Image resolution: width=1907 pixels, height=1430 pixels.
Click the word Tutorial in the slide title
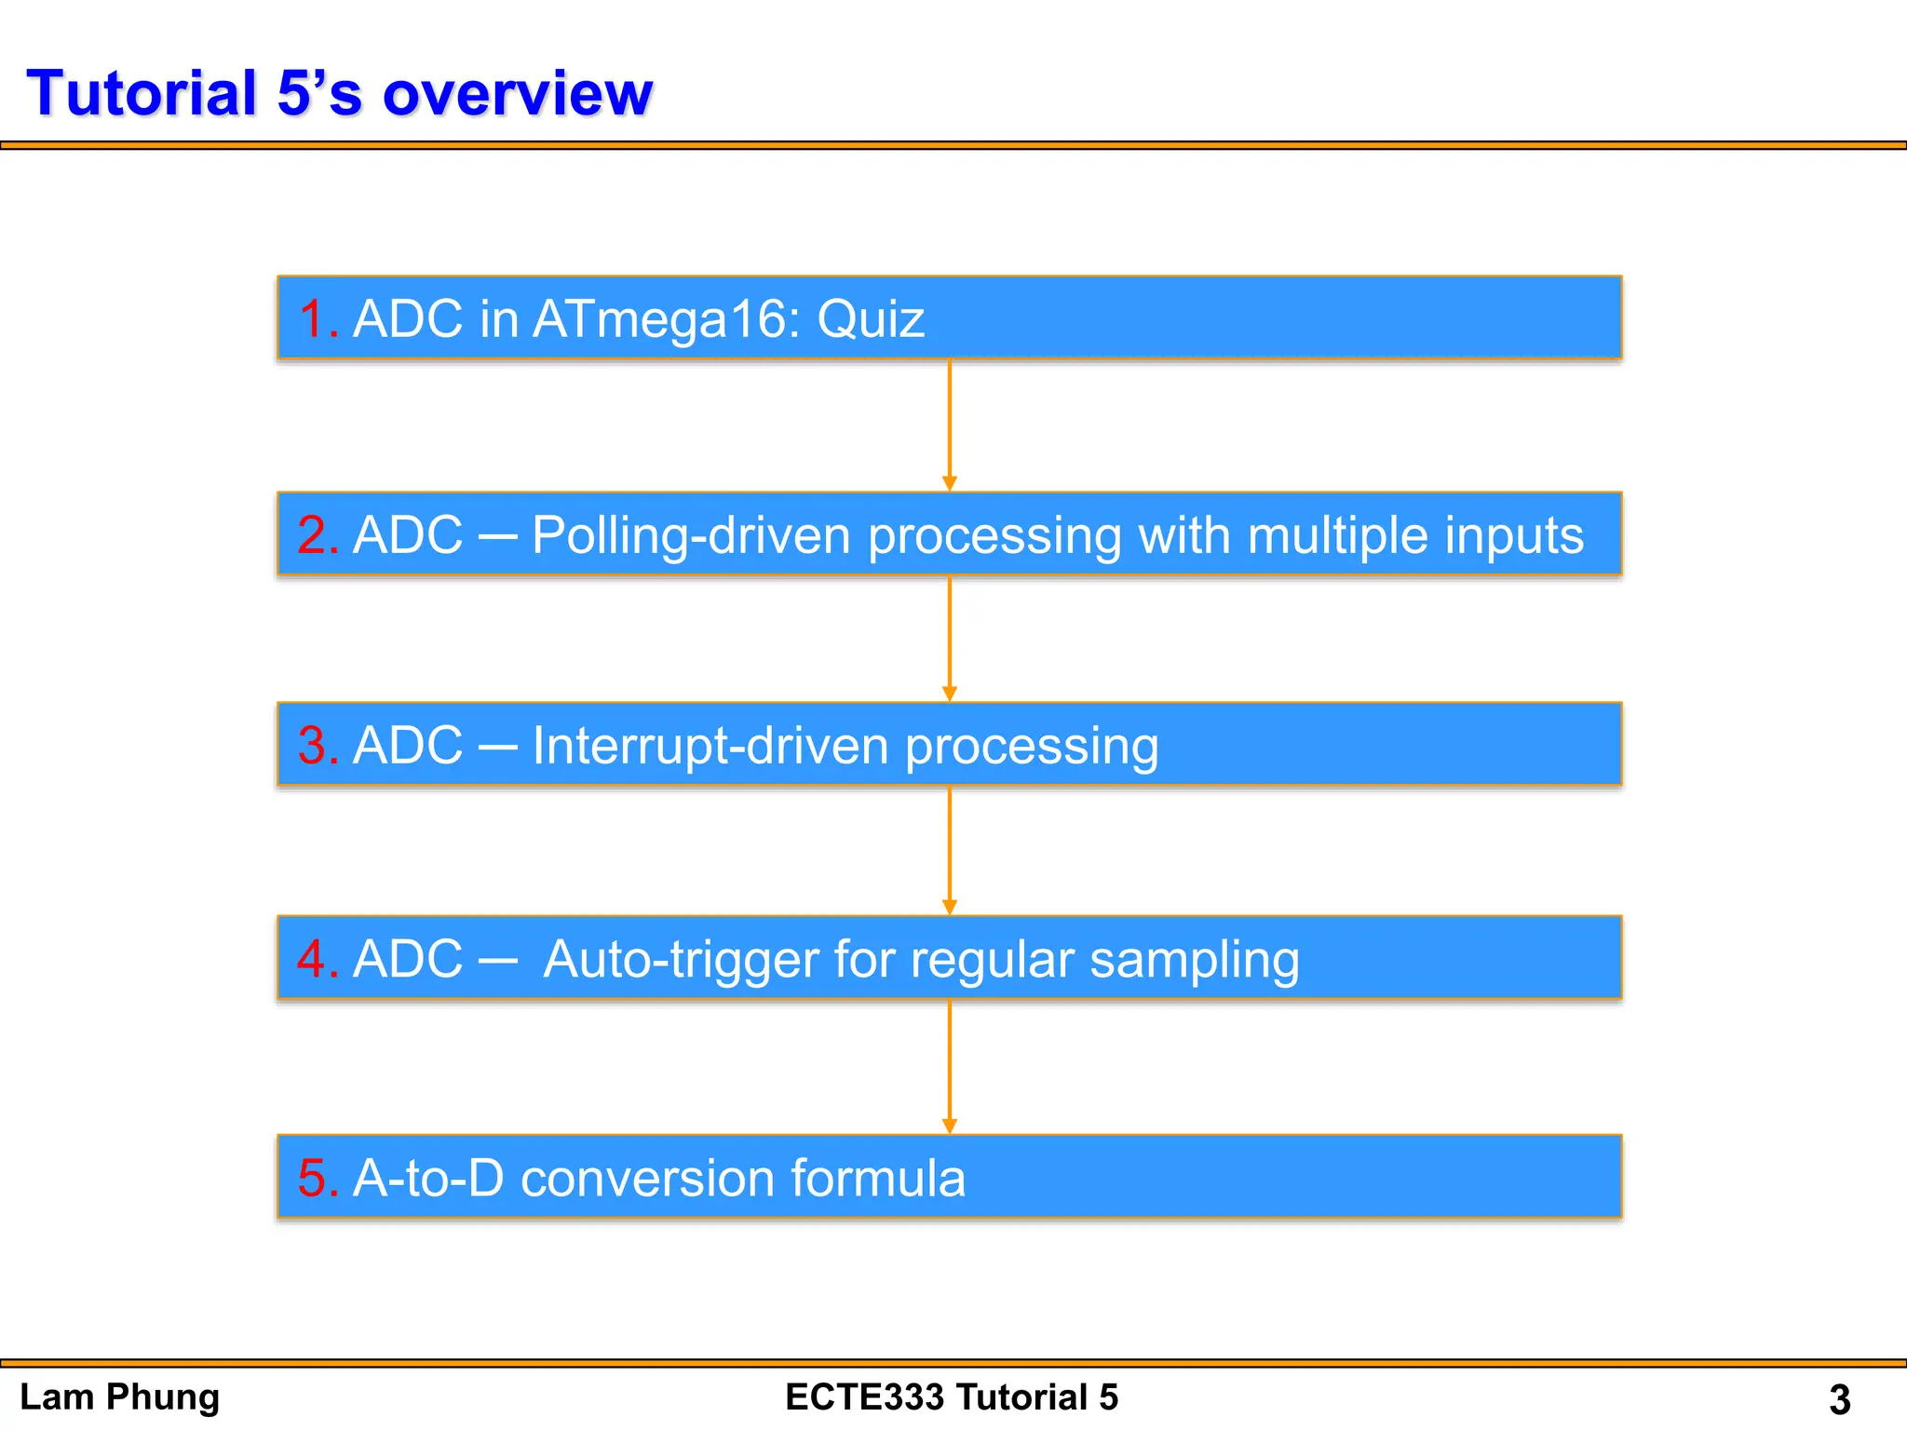point(142,93)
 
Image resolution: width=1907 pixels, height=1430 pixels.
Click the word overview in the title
point(518,95)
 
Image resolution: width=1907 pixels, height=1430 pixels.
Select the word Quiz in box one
point(871,319)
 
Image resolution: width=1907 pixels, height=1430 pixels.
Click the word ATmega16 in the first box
point(667,319)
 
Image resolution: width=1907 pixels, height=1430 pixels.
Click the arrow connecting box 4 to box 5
point(949,1066)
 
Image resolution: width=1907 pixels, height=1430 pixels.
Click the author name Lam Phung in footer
point(119,1397)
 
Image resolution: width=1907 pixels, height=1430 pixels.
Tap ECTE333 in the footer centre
point(862,1397)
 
